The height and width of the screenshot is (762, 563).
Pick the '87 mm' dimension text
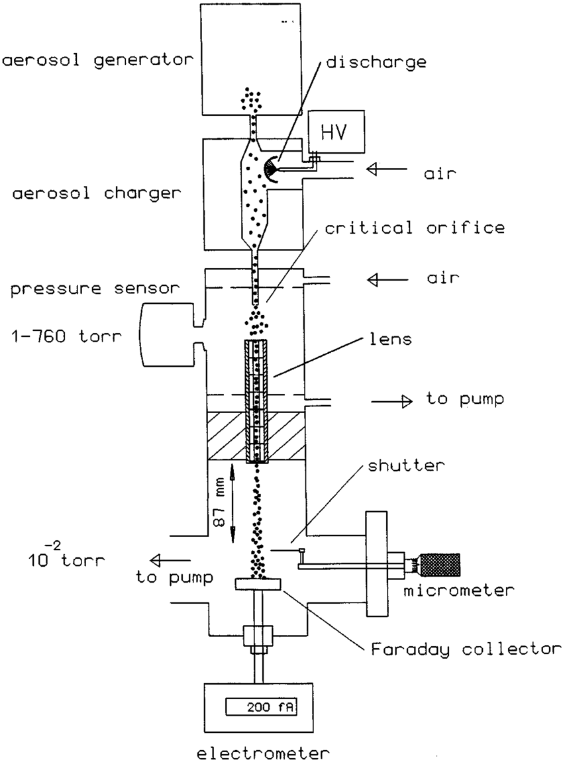pos(219,502)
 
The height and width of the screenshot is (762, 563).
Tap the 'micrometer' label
pos(458,589)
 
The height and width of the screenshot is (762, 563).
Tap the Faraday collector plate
pos(258,584)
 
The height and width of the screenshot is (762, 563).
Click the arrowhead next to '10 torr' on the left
pos(156,557)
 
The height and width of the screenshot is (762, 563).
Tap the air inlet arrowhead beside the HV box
pos(375,170)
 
